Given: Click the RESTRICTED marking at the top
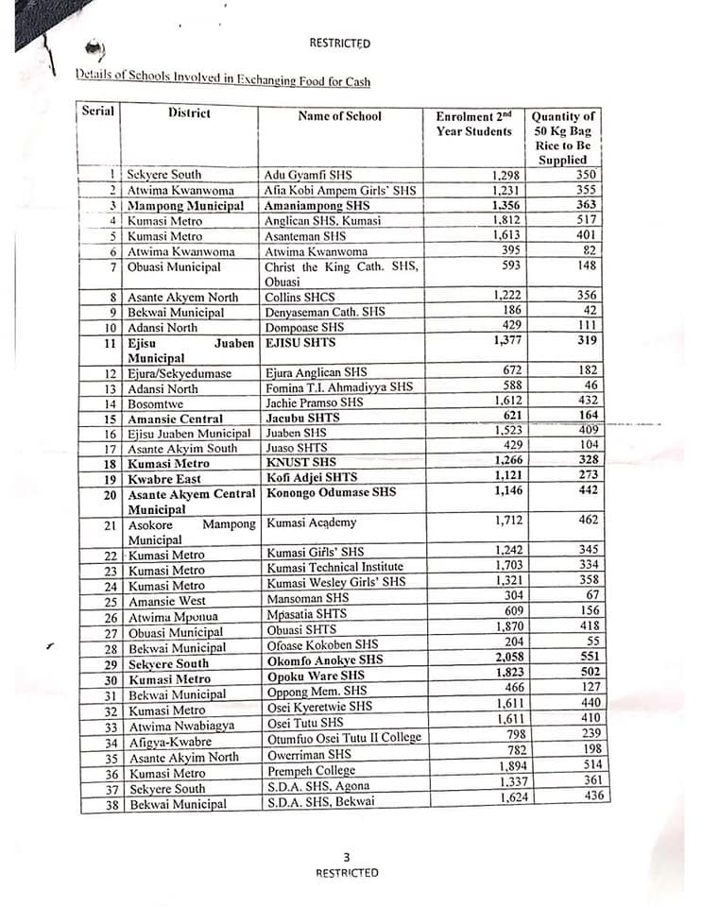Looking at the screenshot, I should (339, 43).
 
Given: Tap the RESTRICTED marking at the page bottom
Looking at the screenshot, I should (346, 872).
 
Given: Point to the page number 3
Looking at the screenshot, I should (346, 857).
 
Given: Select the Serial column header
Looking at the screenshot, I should (98, 111).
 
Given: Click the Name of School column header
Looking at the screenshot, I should (339, 116).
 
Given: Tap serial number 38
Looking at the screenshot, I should (111, 804).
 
